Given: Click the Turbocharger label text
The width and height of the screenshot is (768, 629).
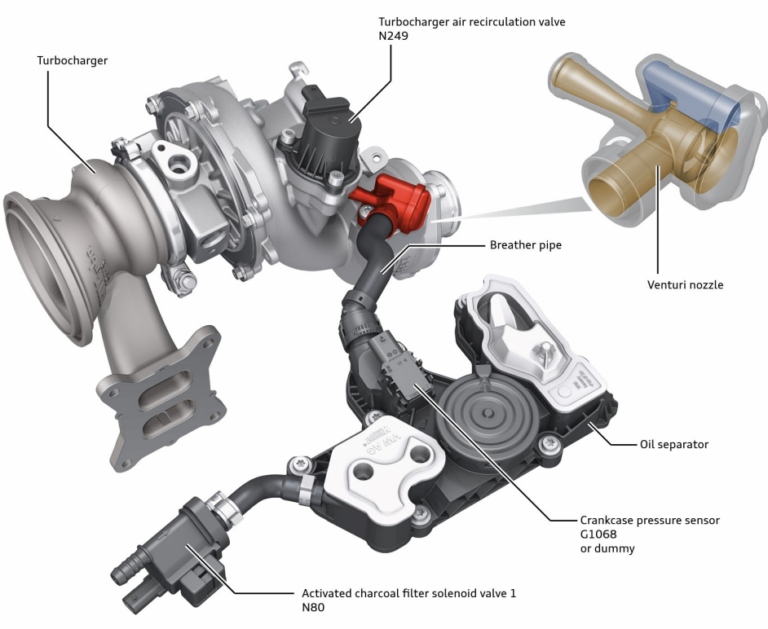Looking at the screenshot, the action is [x=72, y=60].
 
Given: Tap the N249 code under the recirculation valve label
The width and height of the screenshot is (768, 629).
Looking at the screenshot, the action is [x=393, y=36].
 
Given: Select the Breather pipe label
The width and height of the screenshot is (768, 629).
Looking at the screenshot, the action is [x=526, y=244].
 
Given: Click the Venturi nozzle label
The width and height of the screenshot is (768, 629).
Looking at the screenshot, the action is [x=685, y=284].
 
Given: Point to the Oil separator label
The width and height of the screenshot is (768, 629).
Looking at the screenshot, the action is [x=674, y=445].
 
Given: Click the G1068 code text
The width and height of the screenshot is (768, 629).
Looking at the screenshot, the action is [x=598, y=534].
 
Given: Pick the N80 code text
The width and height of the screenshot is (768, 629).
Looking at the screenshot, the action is [x=313, y=608].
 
